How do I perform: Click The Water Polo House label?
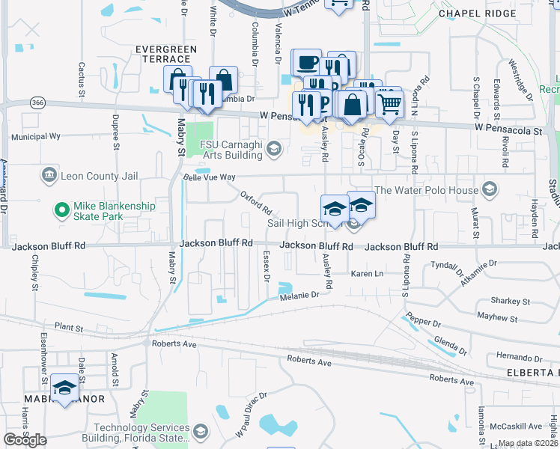[425, 189]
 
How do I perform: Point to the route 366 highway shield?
[37, 102]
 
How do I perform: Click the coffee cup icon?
[306, 63]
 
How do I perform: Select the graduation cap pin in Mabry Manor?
[66, 388]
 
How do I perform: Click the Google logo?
[25, 440]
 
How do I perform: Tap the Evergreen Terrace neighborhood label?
[165, 54]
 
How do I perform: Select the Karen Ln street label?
[367, 275]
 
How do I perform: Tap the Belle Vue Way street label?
[210, 177]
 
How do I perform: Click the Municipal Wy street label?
[35, 137]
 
